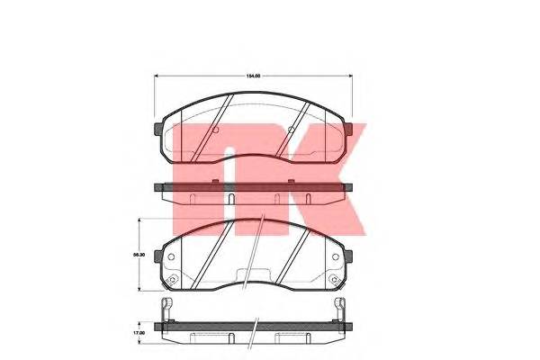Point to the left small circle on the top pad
click(214, 131)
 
